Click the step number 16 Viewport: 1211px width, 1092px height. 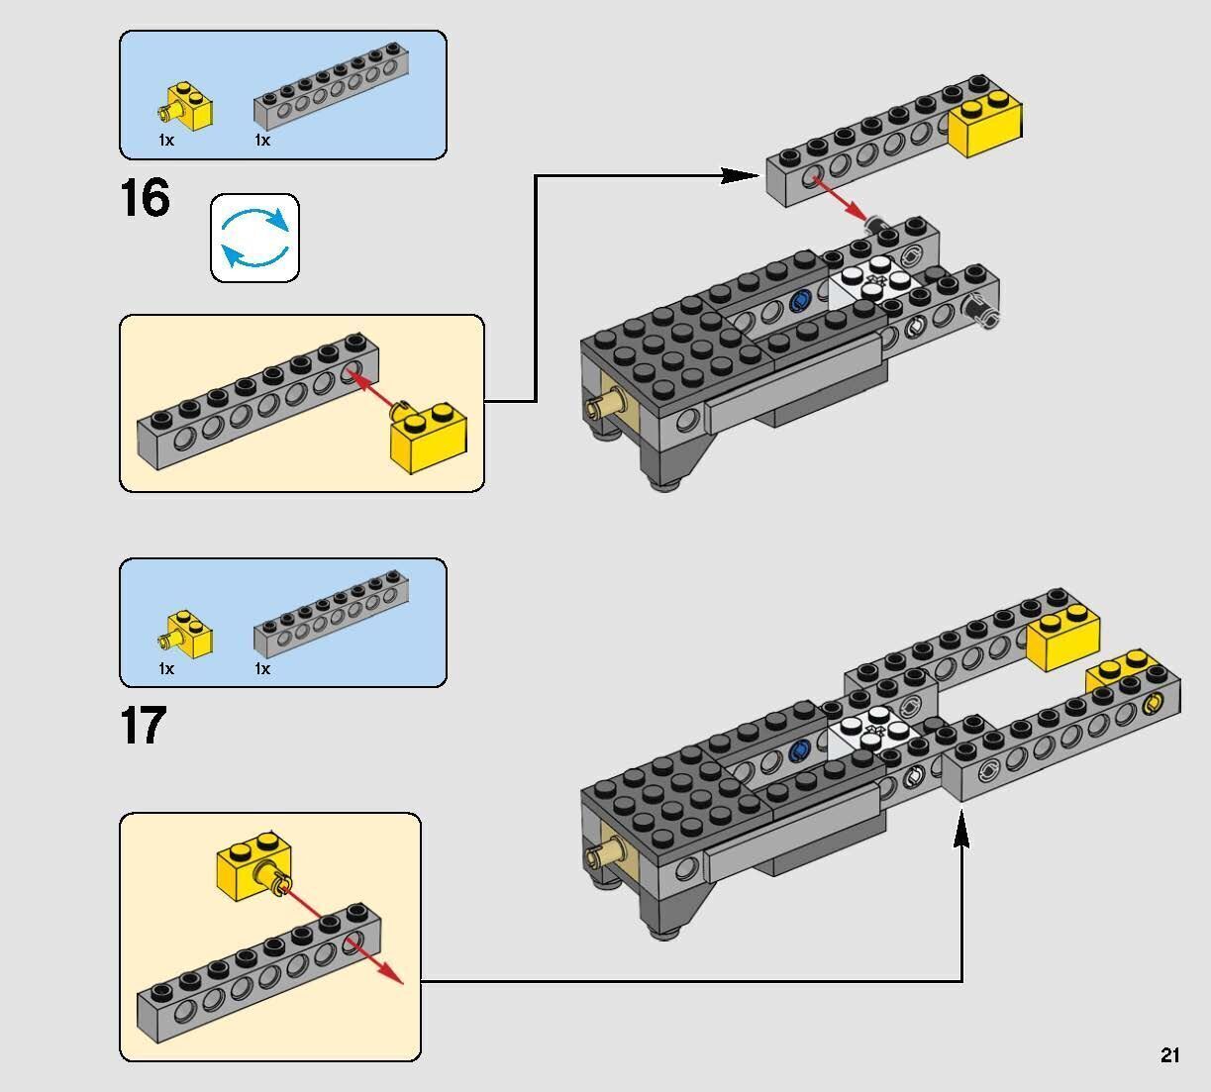pyautogui.click(x=145, y=198)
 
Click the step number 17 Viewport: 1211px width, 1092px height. pyautogui.click(x=144, y=726)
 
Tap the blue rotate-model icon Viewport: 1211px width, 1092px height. pyautogui.click(x=254, y=238)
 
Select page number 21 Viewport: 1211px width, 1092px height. pyautogui.click(x=1169, y=1055)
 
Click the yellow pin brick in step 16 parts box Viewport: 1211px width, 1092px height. pyautogui.click(x=188, y=107)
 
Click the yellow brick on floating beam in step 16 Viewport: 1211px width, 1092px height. pyautogui.click(x=986, y=123)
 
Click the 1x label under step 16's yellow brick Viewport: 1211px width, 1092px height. pyautogui.click(x=166, y=141)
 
